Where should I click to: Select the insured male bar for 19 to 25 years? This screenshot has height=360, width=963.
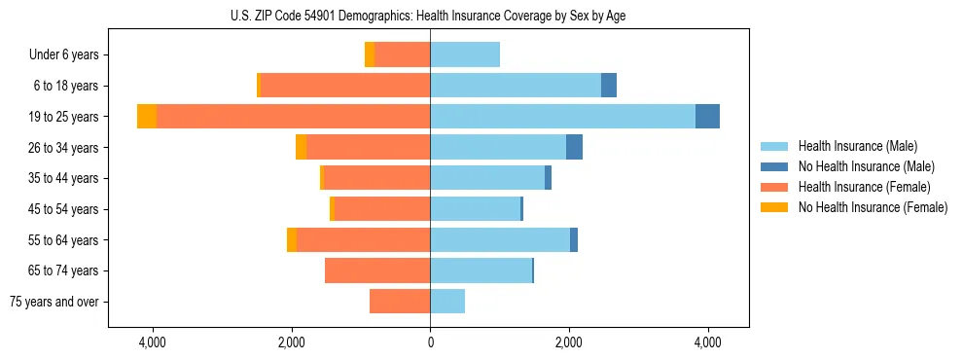[562, 117]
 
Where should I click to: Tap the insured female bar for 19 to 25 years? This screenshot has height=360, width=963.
[293, 117]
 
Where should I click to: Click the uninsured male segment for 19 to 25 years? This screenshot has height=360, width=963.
[707, 117]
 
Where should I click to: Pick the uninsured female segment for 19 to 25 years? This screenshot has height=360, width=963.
[147, 117]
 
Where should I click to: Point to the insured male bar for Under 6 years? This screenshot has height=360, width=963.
[465, 55]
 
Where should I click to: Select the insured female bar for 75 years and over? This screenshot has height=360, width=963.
[400, 302]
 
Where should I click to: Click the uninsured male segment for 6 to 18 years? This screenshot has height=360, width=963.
[609, 86]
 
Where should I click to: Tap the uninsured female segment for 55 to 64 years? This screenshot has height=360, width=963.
[292, 240]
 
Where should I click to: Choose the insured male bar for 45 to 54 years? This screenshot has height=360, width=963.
[475, 209]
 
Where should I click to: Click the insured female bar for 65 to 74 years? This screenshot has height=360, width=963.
[377, 270]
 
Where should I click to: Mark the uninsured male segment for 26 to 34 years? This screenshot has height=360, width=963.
[574, 148]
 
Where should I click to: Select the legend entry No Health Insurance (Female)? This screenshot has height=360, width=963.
[873, 207]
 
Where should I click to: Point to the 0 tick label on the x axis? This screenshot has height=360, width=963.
[430, 342]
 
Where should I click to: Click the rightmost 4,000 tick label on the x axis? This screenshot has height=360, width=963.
[707, 342]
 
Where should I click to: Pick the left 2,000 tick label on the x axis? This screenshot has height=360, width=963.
[292, 342]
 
